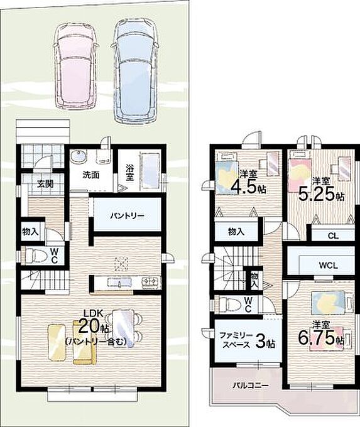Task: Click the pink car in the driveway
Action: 75,65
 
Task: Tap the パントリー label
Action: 128,216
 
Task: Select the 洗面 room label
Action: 90,175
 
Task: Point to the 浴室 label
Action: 129,173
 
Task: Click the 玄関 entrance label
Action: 45,184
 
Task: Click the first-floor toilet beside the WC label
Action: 35,256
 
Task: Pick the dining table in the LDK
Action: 123,328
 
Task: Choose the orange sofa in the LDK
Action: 84,342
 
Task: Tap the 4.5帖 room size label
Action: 249,187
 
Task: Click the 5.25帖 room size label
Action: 321,194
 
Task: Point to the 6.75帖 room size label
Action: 321,338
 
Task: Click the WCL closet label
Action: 329,266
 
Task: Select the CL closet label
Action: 333,235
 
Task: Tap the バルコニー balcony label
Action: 251,386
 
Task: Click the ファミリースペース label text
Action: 236,340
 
